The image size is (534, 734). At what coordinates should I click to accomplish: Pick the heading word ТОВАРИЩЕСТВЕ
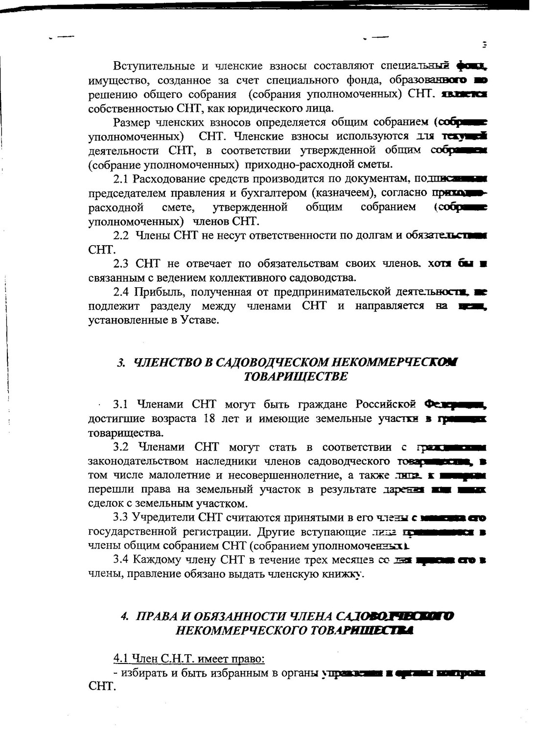coord(296,376)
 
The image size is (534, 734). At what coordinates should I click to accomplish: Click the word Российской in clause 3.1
coord(386,404)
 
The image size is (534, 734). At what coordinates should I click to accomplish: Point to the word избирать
coord(144,673)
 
